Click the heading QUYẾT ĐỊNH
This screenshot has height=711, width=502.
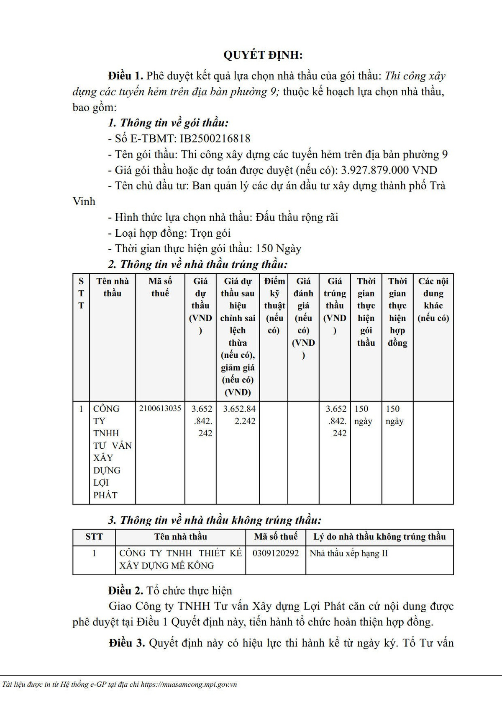263,55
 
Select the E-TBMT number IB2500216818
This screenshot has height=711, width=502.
215,139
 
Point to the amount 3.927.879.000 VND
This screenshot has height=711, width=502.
389,170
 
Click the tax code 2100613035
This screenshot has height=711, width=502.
160,409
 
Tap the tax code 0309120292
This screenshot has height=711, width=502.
276,553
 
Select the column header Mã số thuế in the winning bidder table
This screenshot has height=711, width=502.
160,287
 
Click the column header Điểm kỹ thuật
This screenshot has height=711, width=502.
274,305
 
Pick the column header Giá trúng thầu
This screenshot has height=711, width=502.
335,305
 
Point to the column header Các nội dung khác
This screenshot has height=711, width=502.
433,299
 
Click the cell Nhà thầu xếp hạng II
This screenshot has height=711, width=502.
348,553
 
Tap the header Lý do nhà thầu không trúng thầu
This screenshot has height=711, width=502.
379,537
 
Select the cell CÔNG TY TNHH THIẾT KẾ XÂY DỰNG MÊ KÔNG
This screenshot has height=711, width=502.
180,559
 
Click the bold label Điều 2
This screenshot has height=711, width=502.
125,591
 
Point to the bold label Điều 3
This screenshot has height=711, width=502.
127,643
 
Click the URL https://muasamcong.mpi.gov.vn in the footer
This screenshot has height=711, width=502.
189,685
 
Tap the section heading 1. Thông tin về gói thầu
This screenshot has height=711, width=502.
168,123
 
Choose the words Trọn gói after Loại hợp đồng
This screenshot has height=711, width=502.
210,233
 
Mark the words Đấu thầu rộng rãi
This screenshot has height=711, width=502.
297,217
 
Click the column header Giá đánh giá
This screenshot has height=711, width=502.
303,318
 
